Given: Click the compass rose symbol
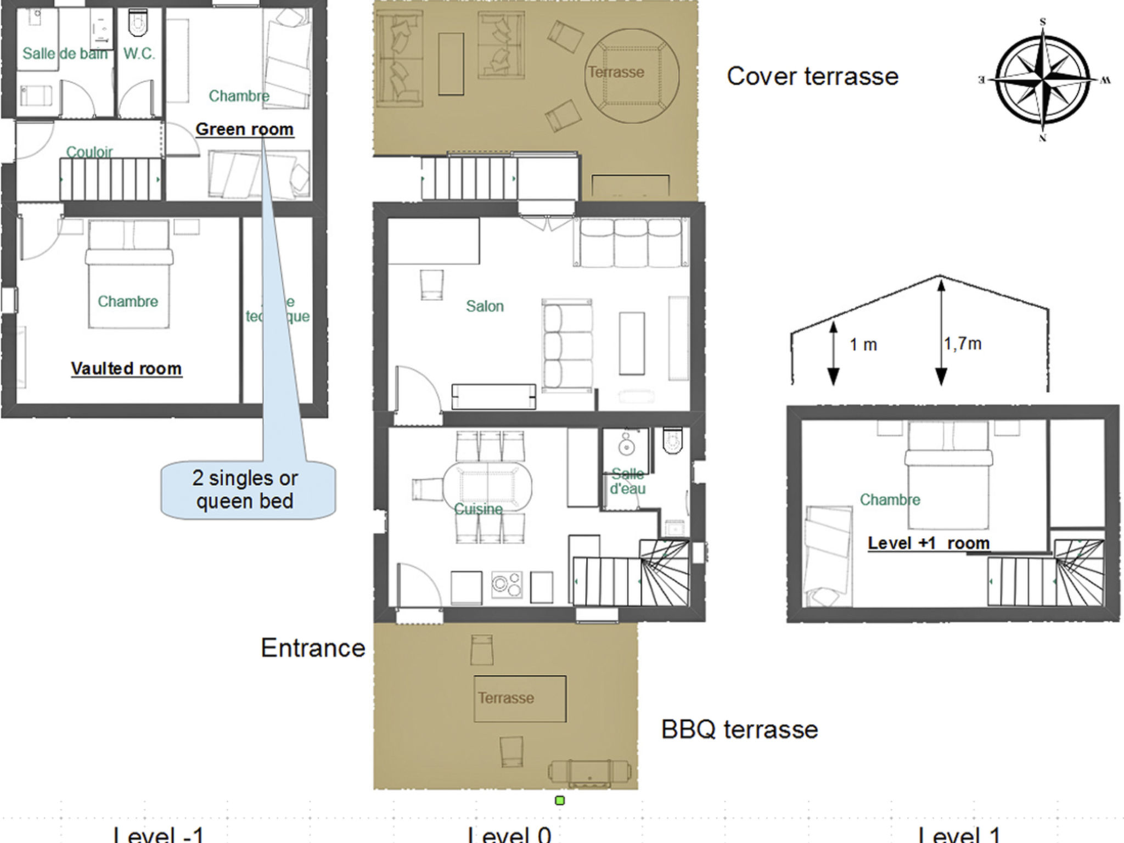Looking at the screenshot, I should [1042, 80].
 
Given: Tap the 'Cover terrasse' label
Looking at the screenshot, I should [812, 76].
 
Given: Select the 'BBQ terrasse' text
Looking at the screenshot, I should [739, 729].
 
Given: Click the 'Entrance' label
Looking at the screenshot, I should [313, 648].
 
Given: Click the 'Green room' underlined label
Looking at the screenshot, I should [245, 130].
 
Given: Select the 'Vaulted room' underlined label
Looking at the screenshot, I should [126, 368].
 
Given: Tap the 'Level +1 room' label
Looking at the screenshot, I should [929, 543].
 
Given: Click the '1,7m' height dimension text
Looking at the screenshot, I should [963, 344].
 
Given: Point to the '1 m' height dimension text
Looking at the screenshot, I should [863, 345].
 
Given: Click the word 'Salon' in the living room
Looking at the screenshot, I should [485, 306].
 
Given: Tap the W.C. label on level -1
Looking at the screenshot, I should [139, 54].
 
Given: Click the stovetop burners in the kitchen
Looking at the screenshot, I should [506, 585].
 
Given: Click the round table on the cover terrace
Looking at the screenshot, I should [631, 75].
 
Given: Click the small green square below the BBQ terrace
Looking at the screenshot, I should [560, 800].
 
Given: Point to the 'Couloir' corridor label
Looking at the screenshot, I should [89, 151].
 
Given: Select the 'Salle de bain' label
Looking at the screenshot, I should [65, 54].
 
